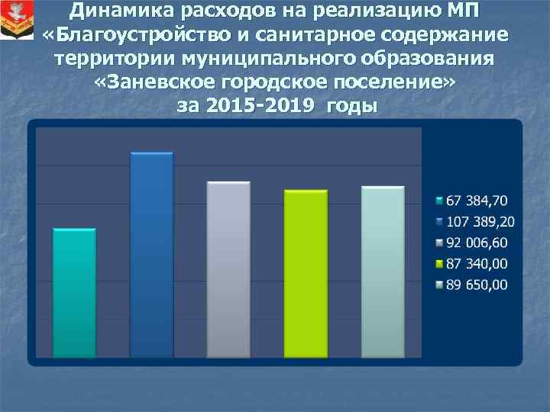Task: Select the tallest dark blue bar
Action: pyautogui.click(x=151, y=255)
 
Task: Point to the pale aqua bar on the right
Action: pyautogui.click(x=382, y=272)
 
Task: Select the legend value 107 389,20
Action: pyautogui.click(x=480, y=222)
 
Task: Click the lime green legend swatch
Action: pyautogui.click(x=438, y=265)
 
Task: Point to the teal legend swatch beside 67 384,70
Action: pyautogui.click(x=438, y=201)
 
